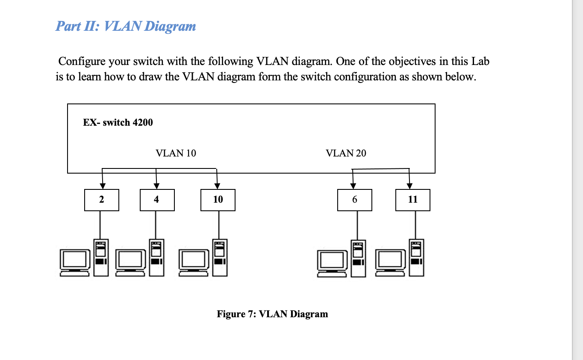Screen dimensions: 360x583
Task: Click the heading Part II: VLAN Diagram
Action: (x=126, y=26)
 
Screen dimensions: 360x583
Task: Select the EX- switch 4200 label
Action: (x=118, y=122)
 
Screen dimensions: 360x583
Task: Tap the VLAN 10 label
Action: (x=176, y=153)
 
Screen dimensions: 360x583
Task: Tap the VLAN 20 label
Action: (x=346, y=153)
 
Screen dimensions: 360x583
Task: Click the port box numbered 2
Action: (x=102, y=200)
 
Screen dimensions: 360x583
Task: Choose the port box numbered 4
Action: (x=157, y=200)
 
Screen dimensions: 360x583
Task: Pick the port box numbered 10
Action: (x=218, y=200)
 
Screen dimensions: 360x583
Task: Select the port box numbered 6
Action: (x=354, y=200)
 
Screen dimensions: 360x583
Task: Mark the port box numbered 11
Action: (x=412, y=200)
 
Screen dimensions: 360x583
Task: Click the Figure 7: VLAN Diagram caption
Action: (x=272, y=314)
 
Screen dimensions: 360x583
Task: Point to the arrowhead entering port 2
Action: (x=102, y=186)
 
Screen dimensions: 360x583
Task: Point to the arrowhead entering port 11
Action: (x=409, y=186)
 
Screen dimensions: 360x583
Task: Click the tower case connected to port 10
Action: (x=220, y=257)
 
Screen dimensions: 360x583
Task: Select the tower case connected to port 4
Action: (x=156, y=257)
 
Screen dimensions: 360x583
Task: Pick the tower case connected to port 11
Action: (x=417, y=257)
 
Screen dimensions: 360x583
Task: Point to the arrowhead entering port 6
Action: (x=353, y=186)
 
